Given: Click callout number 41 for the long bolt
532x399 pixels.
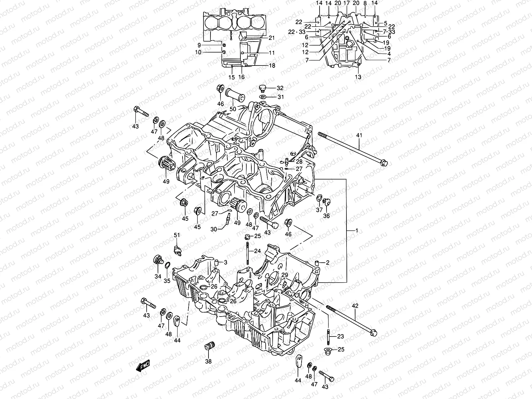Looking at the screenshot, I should click(x=359, y=135).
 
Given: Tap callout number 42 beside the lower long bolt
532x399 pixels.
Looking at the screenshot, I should click(x=355, y=306).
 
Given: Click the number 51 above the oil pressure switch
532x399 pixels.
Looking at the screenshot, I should click(x=177, y=235).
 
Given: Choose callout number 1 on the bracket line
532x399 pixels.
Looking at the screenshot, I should click(x=357, y=230).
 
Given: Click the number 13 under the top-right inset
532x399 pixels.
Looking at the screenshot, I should click(x=358, y=77).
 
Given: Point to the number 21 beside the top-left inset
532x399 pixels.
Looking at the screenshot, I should click(x=272, y=38).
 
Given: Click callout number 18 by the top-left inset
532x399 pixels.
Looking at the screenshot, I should click(x=272, y=66).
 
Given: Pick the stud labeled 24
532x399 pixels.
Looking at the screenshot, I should click(x=248, y=254).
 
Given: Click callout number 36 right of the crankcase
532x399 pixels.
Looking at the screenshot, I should click(x=327, y=216).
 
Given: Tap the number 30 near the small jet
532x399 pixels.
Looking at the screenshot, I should click(x=213, y=229).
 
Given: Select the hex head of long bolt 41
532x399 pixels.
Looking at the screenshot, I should click(x=384, y=163).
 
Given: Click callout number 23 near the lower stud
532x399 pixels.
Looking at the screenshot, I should click(x=340, y=336).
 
